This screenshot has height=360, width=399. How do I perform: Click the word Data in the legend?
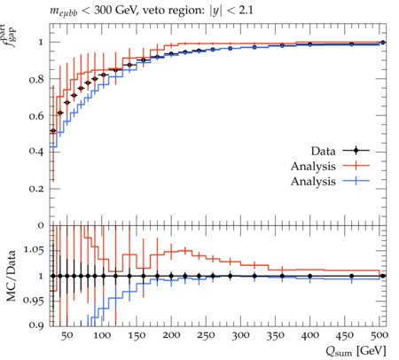coord(323,151)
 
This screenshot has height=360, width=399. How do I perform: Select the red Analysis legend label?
coord(313,166)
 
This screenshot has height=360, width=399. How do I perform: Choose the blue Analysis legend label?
coord(313,181)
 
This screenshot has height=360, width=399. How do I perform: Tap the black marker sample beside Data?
coord(356,151)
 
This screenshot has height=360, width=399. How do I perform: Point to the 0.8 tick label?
coord(37,79)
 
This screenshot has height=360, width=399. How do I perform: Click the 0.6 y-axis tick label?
coord(37,116)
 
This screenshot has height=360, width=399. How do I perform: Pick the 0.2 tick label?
coord(37,189)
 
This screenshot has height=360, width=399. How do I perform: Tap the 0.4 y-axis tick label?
coord(37,152)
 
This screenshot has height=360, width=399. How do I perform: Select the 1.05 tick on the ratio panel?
coord(34,250)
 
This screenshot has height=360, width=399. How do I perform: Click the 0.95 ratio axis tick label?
coord(34,301)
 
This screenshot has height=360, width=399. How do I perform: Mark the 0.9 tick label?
coord(37,325)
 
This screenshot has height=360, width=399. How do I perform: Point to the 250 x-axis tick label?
coord(206,336)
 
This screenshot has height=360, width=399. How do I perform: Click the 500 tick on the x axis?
coord(379,336)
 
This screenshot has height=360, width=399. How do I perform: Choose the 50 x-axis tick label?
coord(66,336)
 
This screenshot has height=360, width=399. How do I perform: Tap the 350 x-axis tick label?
coord(275,336)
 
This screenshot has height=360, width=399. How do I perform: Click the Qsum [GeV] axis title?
coord(356,351)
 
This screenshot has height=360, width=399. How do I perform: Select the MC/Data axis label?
coord(12,276)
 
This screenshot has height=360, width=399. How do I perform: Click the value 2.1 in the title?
coord(246,11)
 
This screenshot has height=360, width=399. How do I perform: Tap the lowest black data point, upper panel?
coord(53,130)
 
